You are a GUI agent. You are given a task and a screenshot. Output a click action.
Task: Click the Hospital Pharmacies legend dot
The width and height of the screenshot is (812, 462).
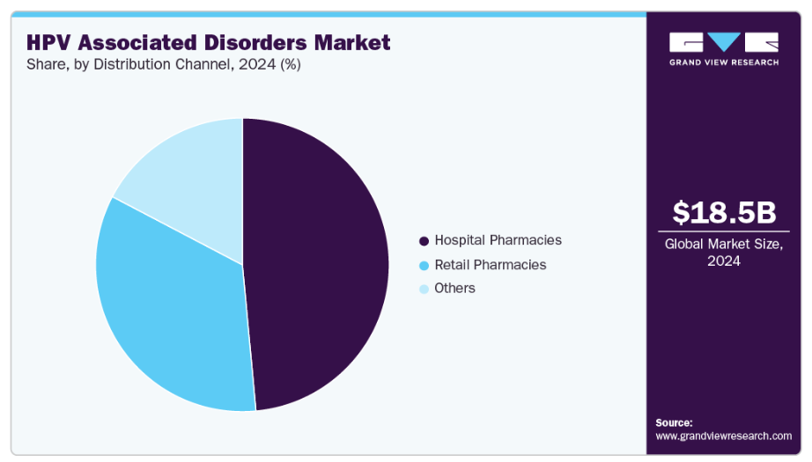point(424,241)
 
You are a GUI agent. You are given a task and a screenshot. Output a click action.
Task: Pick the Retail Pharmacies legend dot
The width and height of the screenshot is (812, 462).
point(424,265)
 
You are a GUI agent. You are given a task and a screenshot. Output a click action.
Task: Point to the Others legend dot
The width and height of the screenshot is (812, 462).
point(424,289)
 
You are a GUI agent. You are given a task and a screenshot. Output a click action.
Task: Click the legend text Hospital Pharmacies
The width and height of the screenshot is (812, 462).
point(498,240)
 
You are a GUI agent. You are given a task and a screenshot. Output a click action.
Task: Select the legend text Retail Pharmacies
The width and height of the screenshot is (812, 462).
point(490,265)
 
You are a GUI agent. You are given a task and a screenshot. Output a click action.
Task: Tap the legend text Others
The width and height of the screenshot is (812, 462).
point(454,289)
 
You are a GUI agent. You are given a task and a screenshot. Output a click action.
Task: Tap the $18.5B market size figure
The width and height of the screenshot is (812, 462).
point(723,212)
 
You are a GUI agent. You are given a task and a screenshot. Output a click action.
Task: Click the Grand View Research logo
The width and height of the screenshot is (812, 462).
point(723,49)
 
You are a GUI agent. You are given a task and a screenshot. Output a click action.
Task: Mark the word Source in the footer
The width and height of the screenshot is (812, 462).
point(674,422)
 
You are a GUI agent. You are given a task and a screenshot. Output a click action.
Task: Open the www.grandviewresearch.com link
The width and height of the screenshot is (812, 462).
point(723,436)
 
